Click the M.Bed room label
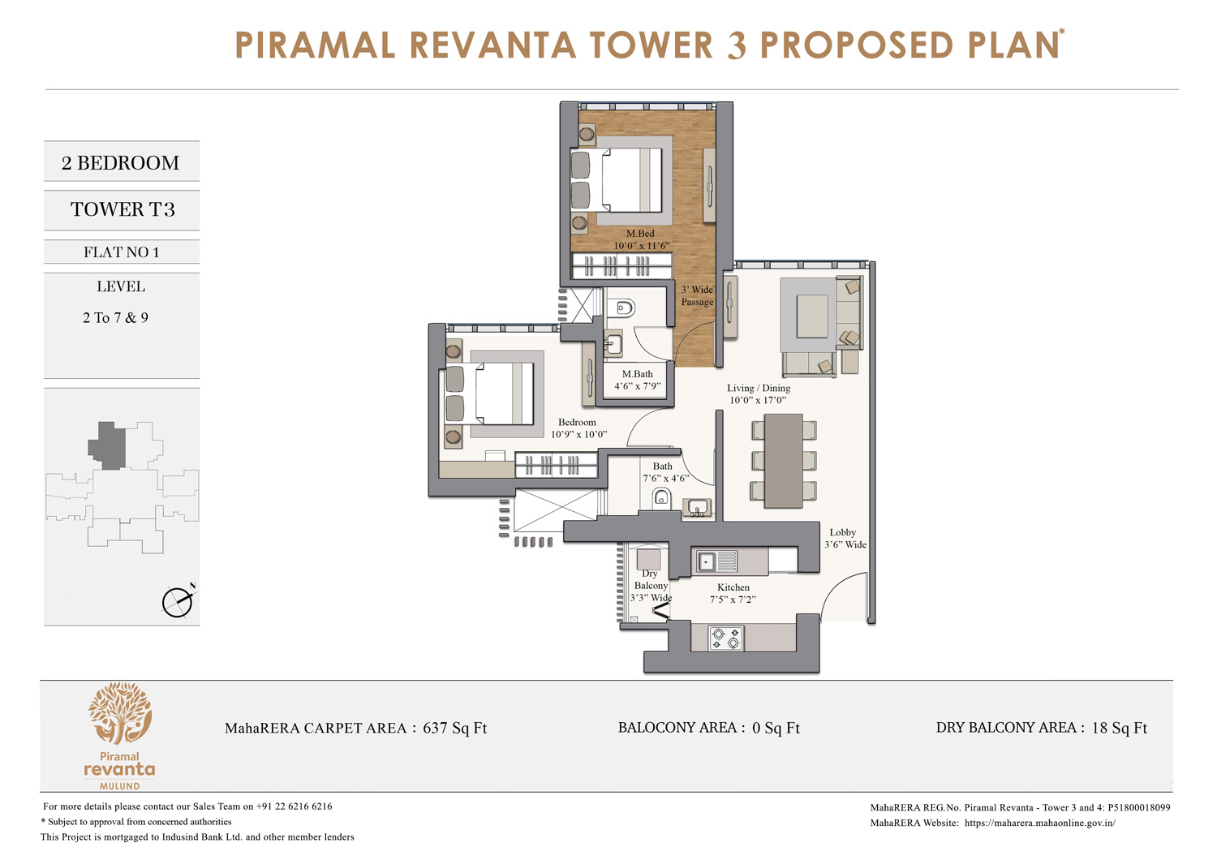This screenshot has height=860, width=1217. (640, 234)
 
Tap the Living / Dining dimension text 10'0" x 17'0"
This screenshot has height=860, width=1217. (758, 400)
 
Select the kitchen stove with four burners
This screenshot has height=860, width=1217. (726, 638)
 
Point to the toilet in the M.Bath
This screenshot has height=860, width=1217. (624, 308)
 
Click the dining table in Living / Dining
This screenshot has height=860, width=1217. (784, 461)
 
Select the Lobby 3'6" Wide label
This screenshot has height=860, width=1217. (845, 539)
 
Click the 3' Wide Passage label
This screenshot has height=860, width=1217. (697, 296)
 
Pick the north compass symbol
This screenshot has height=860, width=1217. (178, 601)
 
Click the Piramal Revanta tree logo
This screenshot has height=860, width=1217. (120, 713)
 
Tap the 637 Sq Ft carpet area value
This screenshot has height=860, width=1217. (454, 728)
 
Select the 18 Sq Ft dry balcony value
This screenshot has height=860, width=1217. (1119, 728)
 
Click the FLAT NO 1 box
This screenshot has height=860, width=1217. (122, 252)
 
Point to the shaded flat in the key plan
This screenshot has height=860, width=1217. (107, 445)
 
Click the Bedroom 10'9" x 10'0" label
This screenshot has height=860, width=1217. (578, 428)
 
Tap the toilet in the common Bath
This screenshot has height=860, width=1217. (661, 497)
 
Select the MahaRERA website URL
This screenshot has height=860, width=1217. (1039, 823)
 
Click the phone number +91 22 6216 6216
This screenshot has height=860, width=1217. (294, 806)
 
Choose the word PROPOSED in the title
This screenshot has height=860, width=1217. (856, 45)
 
